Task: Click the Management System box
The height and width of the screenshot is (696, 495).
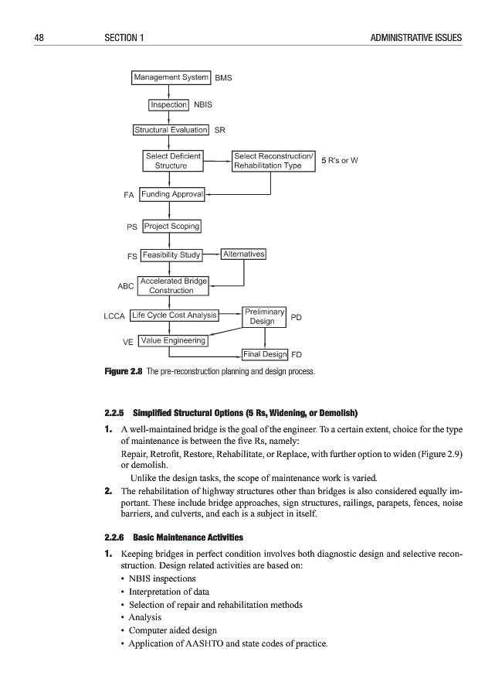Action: pos(171,77)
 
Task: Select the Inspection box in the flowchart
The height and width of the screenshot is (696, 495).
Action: pos(169,104)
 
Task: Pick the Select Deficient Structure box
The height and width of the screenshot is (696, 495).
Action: pos(173,161)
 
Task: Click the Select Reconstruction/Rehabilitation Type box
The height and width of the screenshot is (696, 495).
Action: pos(273,161)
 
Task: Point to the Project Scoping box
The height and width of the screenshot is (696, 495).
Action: pos(171,227)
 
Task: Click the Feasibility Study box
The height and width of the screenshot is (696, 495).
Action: pos(171,254)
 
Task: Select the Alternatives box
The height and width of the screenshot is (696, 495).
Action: pos(243,254)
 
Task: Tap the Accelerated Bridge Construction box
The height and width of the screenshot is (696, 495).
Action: pos(173,285)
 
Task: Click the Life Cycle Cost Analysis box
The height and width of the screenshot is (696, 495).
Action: pos(174,316)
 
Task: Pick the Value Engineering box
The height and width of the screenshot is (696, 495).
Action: pos(173,340)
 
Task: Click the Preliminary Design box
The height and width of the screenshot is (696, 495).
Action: pos(265,316)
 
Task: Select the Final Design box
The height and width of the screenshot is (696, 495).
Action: pos(264,355)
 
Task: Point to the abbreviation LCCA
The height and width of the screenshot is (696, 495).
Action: pos(114,316)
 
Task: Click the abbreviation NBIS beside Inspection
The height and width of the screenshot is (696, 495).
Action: pos(203,104)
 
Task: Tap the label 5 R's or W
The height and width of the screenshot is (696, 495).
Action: pos(342,160)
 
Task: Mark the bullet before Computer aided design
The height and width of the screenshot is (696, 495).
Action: pos(124,631)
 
